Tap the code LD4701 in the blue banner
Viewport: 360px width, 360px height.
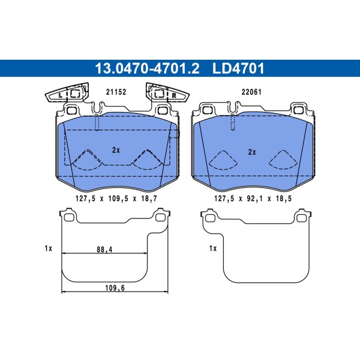(238, 68)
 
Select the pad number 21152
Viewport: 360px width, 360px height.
(115, 92)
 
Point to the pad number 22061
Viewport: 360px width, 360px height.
(251, 92)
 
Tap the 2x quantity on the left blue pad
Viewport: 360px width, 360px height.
(116, 151)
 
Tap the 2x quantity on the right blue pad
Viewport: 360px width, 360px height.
(251, 152)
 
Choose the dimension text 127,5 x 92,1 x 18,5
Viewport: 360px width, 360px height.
(252, 198)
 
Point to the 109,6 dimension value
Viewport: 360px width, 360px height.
(114, 288)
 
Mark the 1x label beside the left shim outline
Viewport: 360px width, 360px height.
(48, 248)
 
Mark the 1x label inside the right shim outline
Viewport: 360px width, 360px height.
(213, 248)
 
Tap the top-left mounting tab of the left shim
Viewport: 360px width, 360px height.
(68, 217)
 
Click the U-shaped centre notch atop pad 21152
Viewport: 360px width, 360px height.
(97, 108)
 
